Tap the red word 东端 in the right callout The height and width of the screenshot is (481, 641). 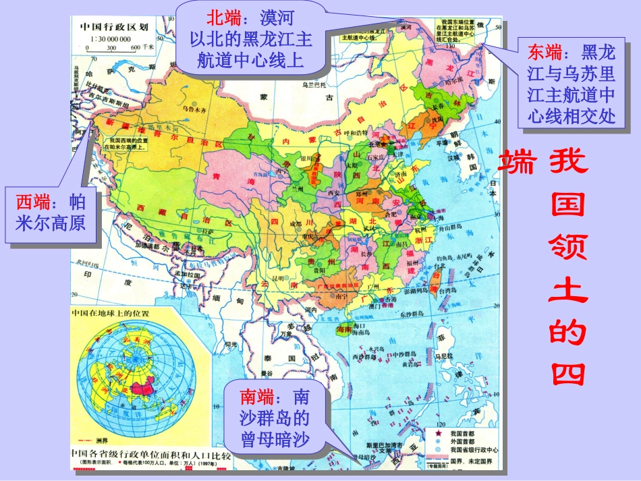pyautogui.click(x=545, y=51)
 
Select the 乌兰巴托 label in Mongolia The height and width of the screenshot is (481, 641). pyautogui.click(x=314, y=84)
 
